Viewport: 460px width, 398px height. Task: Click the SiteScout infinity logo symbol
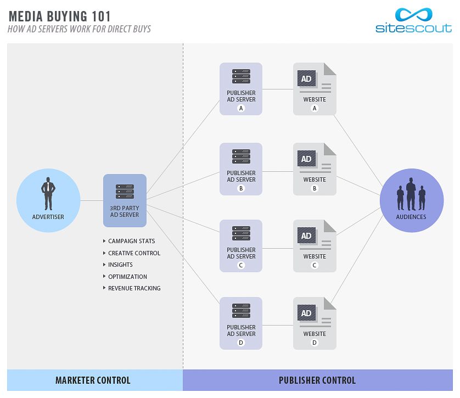click(414, 15)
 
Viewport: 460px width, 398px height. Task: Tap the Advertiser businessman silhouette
click(48, 194)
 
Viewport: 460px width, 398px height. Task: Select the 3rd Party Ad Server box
click(125, 200)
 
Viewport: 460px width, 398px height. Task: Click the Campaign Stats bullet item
click(129, 241)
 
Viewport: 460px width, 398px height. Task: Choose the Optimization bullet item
click(125, 277)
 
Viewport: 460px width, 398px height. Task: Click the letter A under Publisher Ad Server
click(241, 108)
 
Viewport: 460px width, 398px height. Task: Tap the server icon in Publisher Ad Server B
click(241, 156)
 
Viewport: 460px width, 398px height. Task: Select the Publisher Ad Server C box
click(241, 246)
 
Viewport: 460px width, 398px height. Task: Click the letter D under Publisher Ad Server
click(241, 343)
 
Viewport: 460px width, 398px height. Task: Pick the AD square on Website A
click(306, 79)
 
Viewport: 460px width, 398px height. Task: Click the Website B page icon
click(315, 169)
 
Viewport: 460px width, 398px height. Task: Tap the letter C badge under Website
click(315, 265)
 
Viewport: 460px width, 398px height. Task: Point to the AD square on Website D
click(306, 313)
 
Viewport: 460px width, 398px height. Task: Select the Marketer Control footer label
click(93, 380)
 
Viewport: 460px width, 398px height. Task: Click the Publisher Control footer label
click(317, 380)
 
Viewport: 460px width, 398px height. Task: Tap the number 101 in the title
click(101, 16)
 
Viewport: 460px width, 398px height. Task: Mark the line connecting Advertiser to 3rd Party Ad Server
click(92, 200)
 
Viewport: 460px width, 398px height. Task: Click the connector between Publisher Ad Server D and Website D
click(278, 326)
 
